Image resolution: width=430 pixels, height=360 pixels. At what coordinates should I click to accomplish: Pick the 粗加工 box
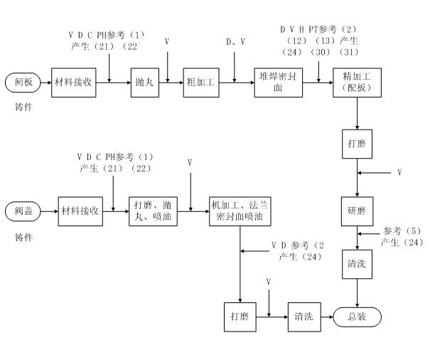click(x=199, y=83)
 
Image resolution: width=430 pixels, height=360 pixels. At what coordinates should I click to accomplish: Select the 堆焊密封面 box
click(x=274, y=83)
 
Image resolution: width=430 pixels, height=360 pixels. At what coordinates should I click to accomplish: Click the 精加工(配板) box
click(x=356, y=83)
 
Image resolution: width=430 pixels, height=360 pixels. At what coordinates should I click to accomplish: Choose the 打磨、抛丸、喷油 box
click(x=151, y=211)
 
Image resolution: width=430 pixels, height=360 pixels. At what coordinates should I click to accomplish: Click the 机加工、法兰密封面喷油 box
click(x=240, y=211)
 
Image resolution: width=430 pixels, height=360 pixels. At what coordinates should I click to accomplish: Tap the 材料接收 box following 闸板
click(x=73, y=83)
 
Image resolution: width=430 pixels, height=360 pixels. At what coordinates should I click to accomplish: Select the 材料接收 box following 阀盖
click(x=79, y=211)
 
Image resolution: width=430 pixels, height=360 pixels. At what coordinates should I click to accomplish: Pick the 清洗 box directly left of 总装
click(x=304, y=317)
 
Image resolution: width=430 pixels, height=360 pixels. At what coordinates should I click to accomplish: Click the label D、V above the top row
click(x=236, y=43)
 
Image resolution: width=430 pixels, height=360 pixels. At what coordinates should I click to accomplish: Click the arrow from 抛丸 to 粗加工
click(x=171, y=83)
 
